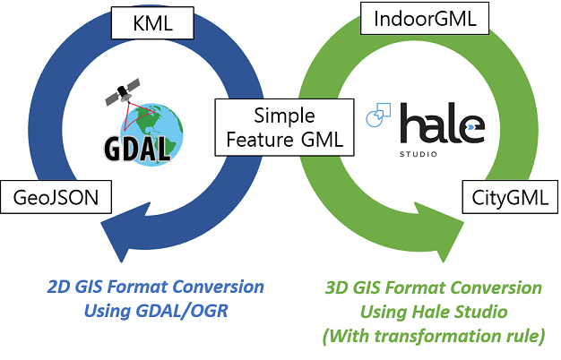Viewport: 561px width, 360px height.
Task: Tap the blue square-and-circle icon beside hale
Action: tap(377, 116)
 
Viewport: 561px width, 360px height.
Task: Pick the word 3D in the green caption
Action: tap(336, 288)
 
